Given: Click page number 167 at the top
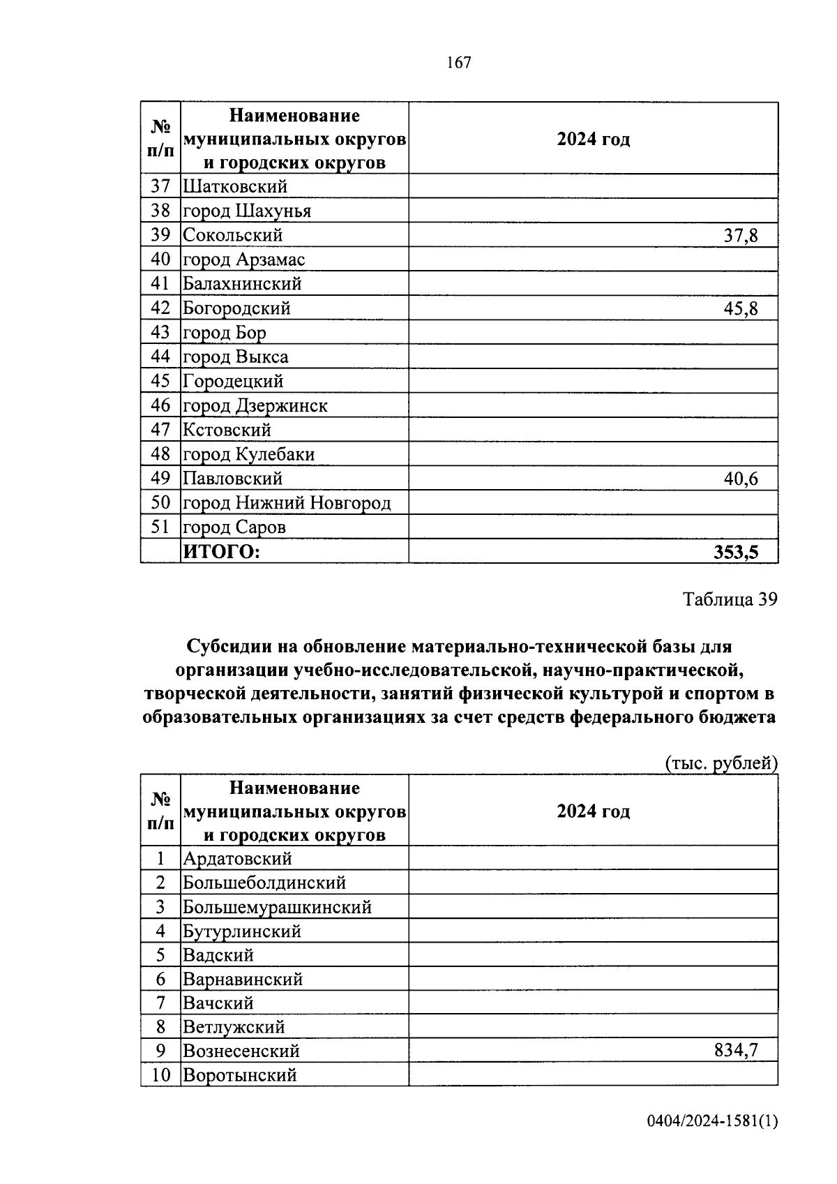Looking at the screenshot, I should point(459,63).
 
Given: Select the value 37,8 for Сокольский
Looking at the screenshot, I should point(740,236).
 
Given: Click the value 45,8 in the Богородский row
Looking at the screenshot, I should point(740,308).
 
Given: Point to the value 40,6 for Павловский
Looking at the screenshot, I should point(740,479).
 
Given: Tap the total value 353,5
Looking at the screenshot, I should point(735,553).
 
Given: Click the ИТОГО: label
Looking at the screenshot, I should point(220,553).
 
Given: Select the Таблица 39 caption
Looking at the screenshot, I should point(730,599).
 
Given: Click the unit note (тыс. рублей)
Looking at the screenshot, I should point(721,763).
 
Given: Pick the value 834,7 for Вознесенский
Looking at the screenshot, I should point(735,1051).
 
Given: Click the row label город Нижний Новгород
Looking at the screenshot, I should point(287,503).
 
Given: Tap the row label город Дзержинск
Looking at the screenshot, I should point(255,405).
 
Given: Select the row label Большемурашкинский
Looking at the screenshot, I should point(277,907).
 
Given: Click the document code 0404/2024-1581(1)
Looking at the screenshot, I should point(711,1121).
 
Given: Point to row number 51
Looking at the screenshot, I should point(160,527).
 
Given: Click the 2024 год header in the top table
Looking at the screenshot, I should point(593,139).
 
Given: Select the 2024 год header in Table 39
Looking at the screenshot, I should point(593,811).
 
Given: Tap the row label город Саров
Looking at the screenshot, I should point(234,527).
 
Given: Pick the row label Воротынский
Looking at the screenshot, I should point(240,1075).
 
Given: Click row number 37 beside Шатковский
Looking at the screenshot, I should point(160,186).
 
